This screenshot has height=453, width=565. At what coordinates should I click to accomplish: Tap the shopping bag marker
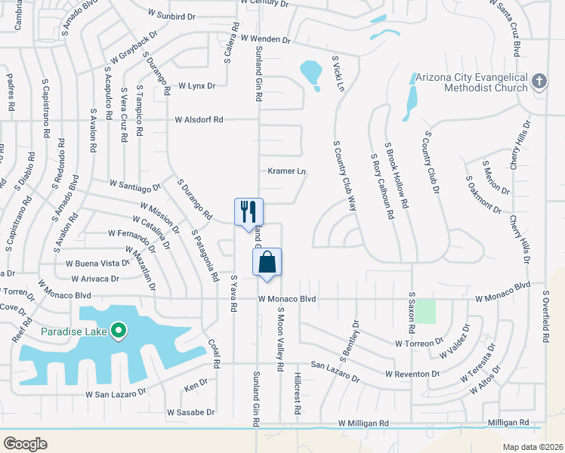click(x=267, y=263)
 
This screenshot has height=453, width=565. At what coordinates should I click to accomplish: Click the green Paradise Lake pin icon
click(x=119, y=331)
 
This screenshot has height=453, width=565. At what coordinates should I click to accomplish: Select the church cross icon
click(x=539, y=81)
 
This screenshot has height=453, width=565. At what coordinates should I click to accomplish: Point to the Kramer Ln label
click(x=286, y=171)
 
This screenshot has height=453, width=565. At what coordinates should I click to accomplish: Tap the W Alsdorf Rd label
click(x=199, y=119)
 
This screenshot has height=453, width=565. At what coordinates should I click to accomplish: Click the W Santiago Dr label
click(x=135, y=184)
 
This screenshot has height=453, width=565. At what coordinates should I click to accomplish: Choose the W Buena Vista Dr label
click(x=97, y=263)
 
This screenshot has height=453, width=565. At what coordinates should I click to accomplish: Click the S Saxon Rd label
click(x=412, y=313)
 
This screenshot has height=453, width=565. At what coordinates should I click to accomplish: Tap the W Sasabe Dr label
click(x=191, y=413)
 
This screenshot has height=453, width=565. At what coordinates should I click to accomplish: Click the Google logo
click(x=25, y=444)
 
